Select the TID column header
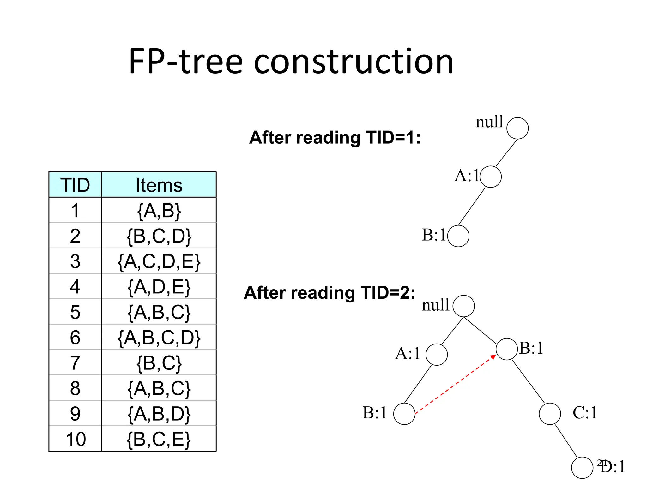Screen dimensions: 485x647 pos(75,185)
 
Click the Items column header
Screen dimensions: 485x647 pos(159,185)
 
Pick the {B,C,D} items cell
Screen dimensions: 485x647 pos(159,236)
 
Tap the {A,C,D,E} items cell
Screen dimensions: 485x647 pos(159,261)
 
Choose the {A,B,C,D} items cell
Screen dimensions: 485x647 pos(159,338)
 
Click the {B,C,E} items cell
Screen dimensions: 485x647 pos(159,439)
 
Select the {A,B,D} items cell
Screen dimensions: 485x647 pos(159,414)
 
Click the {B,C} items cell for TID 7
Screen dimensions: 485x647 pos(159,363)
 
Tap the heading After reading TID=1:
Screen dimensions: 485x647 pos(335,138)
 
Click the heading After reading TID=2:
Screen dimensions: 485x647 pos(330,293)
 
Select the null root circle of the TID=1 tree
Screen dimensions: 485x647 pos(517,128)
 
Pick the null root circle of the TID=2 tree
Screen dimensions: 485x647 pos(463,306)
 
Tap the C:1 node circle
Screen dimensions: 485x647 pos(550,414)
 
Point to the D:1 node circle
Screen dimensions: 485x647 pos(582,468)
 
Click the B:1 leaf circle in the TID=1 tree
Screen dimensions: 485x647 pos(458,236)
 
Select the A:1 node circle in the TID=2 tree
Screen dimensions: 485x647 pos(437,355)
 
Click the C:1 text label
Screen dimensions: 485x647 pos(585,412)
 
